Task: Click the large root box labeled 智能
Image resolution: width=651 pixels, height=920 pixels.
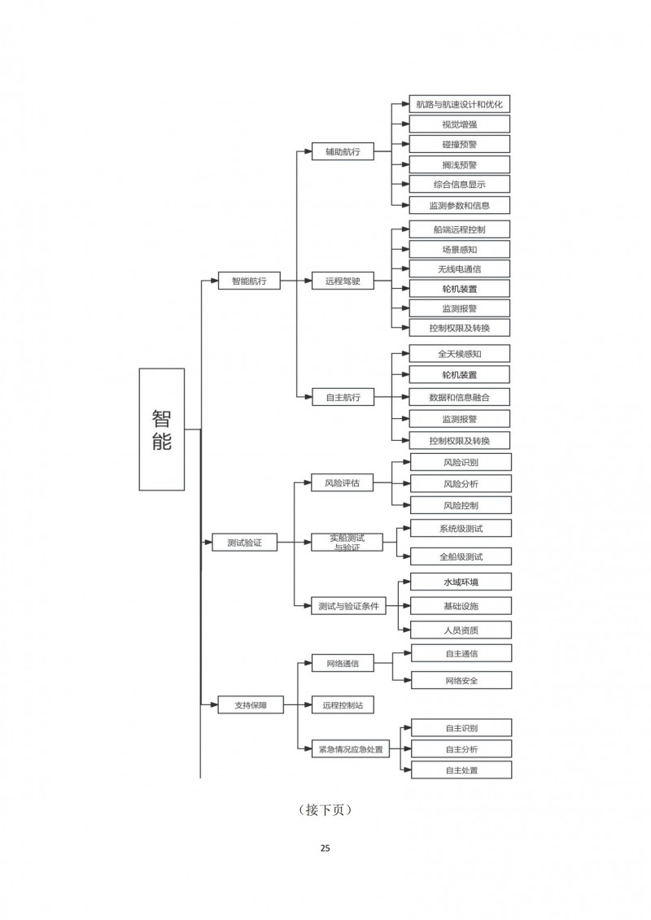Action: (161, 429)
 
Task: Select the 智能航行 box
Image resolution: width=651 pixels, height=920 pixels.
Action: (249, 281)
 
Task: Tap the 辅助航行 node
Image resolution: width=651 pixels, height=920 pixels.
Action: (343, 151)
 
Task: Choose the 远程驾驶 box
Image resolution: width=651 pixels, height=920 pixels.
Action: (343, 281)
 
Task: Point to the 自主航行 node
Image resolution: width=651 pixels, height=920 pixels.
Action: (343, 398)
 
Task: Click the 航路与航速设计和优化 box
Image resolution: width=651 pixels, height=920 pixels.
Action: (460, 104)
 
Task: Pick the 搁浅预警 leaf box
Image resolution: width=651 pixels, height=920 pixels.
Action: (460, 164)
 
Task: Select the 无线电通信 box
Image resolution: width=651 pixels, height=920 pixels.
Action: (460, 268)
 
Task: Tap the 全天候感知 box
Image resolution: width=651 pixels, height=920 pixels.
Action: (460, 354)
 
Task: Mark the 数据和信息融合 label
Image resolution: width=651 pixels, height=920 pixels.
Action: (460, 398)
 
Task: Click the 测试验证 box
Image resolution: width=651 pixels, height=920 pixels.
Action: (244, 543)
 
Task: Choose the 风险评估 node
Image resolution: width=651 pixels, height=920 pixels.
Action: (343, 482)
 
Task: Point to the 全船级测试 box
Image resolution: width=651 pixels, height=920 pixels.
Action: (461, 556)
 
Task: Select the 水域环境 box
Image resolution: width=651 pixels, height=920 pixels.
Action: (461, 582)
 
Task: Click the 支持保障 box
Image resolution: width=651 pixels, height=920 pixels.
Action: (249, 705)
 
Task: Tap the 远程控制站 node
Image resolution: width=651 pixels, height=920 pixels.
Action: (343, 705)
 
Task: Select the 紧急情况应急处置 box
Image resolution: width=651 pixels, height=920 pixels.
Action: (349, 749)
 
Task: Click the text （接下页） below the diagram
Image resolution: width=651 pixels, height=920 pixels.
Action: (325, 810)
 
